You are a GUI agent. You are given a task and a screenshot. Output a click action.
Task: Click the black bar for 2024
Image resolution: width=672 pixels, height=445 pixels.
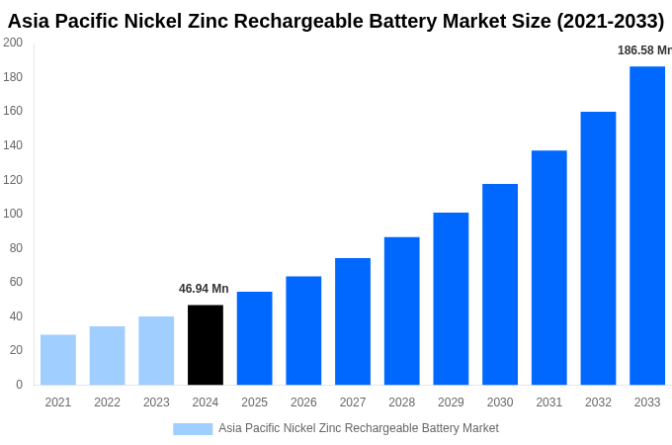coord(206,344)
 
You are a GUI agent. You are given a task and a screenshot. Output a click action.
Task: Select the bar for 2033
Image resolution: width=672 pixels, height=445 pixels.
coord(647,225)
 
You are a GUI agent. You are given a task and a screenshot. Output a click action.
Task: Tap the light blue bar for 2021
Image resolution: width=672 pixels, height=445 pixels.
coord(58,360)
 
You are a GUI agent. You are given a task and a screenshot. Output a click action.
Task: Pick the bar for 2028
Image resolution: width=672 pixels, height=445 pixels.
coord(402,311)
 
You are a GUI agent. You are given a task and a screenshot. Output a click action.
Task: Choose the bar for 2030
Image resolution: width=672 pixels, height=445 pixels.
coord(500,284)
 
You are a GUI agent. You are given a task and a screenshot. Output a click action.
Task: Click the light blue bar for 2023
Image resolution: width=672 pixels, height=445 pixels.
coord(156,350)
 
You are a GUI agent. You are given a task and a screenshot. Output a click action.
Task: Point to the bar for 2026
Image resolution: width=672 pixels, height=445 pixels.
coord(303,330)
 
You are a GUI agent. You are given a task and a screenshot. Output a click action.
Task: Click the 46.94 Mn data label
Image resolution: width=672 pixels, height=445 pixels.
coord(204,289)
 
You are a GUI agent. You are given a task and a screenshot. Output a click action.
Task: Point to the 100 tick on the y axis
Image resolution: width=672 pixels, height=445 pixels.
coord(13,214)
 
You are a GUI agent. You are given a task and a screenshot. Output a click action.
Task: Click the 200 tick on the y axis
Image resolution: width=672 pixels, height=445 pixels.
coord(13,43)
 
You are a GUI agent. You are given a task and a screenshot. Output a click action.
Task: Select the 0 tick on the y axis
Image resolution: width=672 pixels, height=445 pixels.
coord(19,385)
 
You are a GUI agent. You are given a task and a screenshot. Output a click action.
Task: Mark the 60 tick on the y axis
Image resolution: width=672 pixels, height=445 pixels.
coord(16,282)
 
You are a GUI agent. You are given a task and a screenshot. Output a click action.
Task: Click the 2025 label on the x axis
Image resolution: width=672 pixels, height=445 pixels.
coord(254,402)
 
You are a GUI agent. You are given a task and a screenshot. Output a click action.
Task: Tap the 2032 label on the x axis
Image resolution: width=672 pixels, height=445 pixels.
coord(598,402)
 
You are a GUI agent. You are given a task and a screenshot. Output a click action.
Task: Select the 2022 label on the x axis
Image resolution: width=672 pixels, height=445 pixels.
coord(107,402)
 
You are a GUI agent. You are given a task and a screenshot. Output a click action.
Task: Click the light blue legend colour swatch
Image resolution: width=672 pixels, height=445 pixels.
coord(193,428)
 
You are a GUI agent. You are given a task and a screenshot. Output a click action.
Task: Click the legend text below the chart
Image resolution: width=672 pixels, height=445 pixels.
coord(359,428)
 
